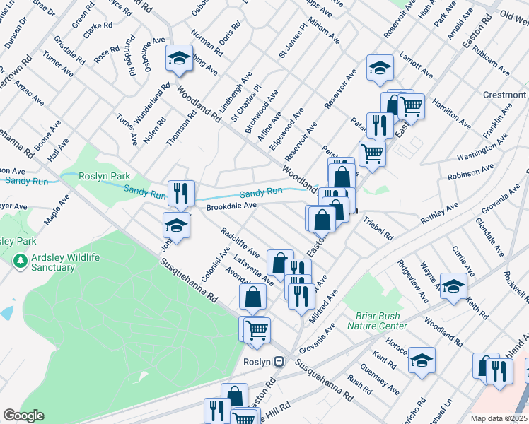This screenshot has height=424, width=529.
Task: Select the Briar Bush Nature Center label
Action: (x=377, y=321)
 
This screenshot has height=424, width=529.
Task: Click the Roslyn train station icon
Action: (x=280, y=361)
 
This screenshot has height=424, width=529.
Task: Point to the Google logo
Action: (x=23, y=416)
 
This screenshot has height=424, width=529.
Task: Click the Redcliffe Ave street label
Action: (x=240, y=242)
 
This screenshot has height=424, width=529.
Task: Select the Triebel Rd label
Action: (x=378, y=228)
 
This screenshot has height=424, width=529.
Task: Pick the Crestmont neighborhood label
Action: (x=505, y=95)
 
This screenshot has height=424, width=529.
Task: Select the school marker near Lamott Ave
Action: (x=380, y=69)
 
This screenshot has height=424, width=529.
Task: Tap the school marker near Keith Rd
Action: (x=453, y=286)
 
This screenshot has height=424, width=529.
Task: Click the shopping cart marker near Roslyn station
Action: (x=258, y=329)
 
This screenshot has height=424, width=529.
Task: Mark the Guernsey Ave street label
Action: (x=384, y=379)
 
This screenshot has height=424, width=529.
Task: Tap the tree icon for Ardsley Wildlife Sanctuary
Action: (x=19, y=261)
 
